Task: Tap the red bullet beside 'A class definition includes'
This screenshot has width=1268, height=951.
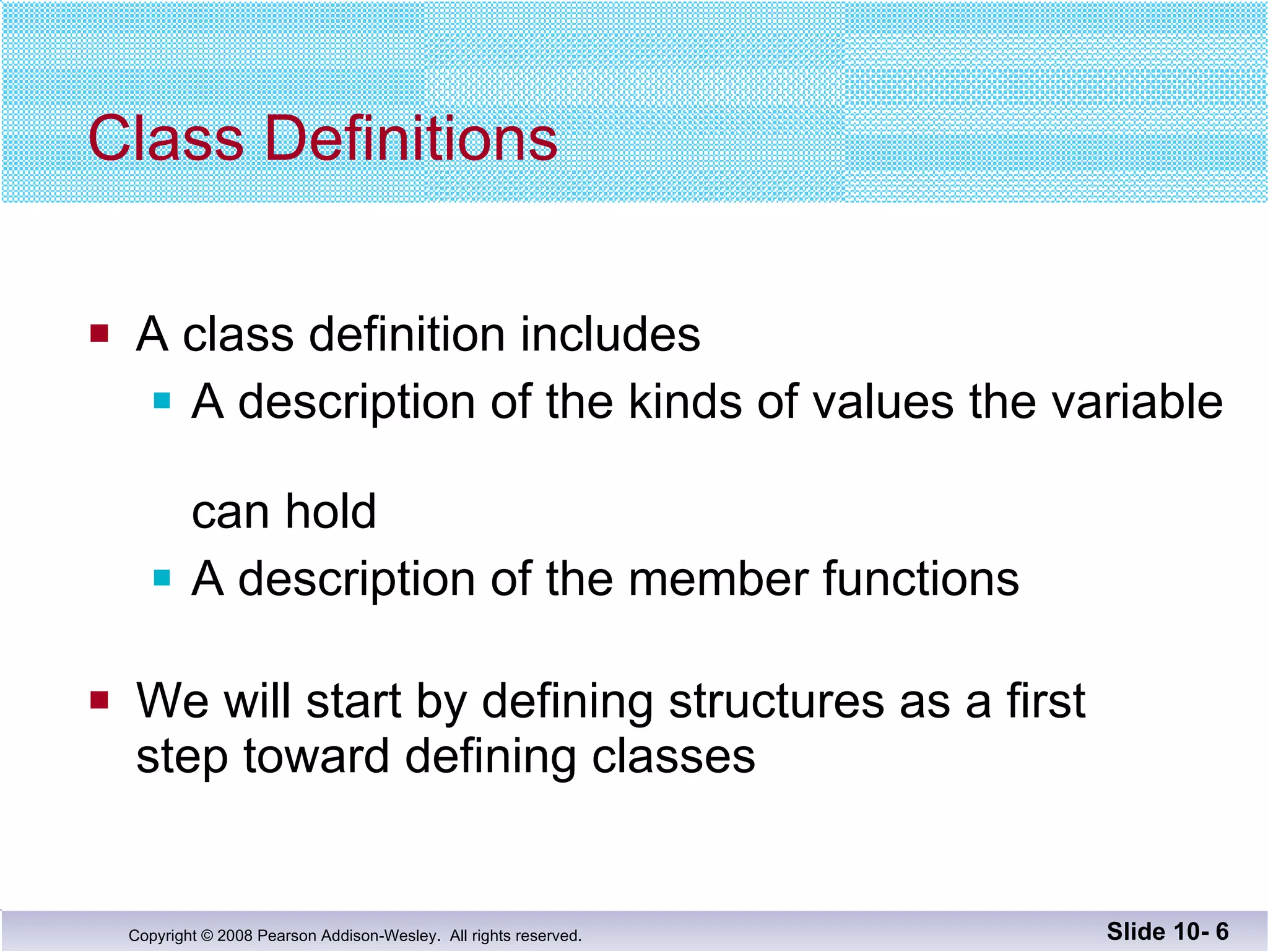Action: pos(99,333)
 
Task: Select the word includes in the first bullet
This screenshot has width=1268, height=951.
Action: pos(610,334)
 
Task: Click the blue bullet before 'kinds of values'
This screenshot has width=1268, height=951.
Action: pos(162,401)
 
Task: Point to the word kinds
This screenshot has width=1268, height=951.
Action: pos(685,402)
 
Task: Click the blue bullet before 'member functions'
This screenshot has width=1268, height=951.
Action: pos(162,578)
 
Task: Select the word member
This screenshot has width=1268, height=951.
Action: pos(718,579)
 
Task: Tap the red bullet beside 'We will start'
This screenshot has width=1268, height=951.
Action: pos(99,700)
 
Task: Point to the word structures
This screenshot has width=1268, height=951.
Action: pos(778,701)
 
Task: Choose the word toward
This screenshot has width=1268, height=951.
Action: pos(316,757)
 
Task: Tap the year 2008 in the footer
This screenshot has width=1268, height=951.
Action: pos(235,936)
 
